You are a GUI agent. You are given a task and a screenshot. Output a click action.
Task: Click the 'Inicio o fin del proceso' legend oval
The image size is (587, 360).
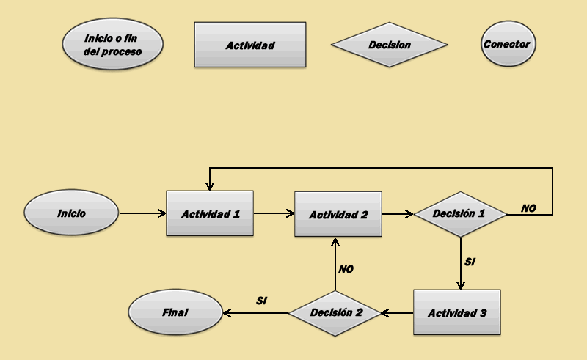tap(112, 44)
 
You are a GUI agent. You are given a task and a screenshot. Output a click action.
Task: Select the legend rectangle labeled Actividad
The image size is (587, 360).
tap(249, 45)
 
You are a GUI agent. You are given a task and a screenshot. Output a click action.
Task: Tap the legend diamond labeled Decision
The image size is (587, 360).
tap(389, 45)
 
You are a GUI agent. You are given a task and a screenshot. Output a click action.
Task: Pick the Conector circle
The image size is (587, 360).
tap(506, 45)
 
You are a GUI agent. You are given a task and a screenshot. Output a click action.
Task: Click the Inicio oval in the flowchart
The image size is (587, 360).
tap(71, 214)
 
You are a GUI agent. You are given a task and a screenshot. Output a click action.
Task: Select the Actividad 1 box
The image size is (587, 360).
tap(210, 213)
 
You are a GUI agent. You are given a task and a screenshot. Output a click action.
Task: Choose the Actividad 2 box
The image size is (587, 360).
tap(338, 214)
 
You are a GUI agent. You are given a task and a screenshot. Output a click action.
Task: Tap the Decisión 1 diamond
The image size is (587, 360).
tap(460, 214)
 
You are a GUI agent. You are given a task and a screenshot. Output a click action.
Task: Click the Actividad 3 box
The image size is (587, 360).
tap(456, 312)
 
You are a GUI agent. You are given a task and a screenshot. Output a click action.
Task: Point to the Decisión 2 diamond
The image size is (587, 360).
tap(336, 312)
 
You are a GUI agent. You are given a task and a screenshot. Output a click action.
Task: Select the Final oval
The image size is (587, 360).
tap(175, 312)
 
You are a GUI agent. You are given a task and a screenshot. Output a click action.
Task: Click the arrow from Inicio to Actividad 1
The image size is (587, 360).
tap(142, 214)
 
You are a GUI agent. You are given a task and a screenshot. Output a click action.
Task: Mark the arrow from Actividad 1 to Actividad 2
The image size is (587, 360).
tap(274, 214)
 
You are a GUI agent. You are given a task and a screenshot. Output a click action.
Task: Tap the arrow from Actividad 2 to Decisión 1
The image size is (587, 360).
tap(398, 214)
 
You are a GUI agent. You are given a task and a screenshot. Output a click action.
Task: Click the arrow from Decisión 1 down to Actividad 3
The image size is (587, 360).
tap(460, 264)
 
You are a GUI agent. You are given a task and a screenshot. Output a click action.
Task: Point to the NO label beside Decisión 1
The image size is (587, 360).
tap(528, 208)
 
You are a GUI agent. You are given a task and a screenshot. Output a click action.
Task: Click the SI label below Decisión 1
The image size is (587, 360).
tap(470, 261)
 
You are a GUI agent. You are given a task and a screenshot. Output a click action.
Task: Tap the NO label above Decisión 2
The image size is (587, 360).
tap(346, 269)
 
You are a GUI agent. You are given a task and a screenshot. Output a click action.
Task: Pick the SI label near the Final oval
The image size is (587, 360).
tap(261, 301)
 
